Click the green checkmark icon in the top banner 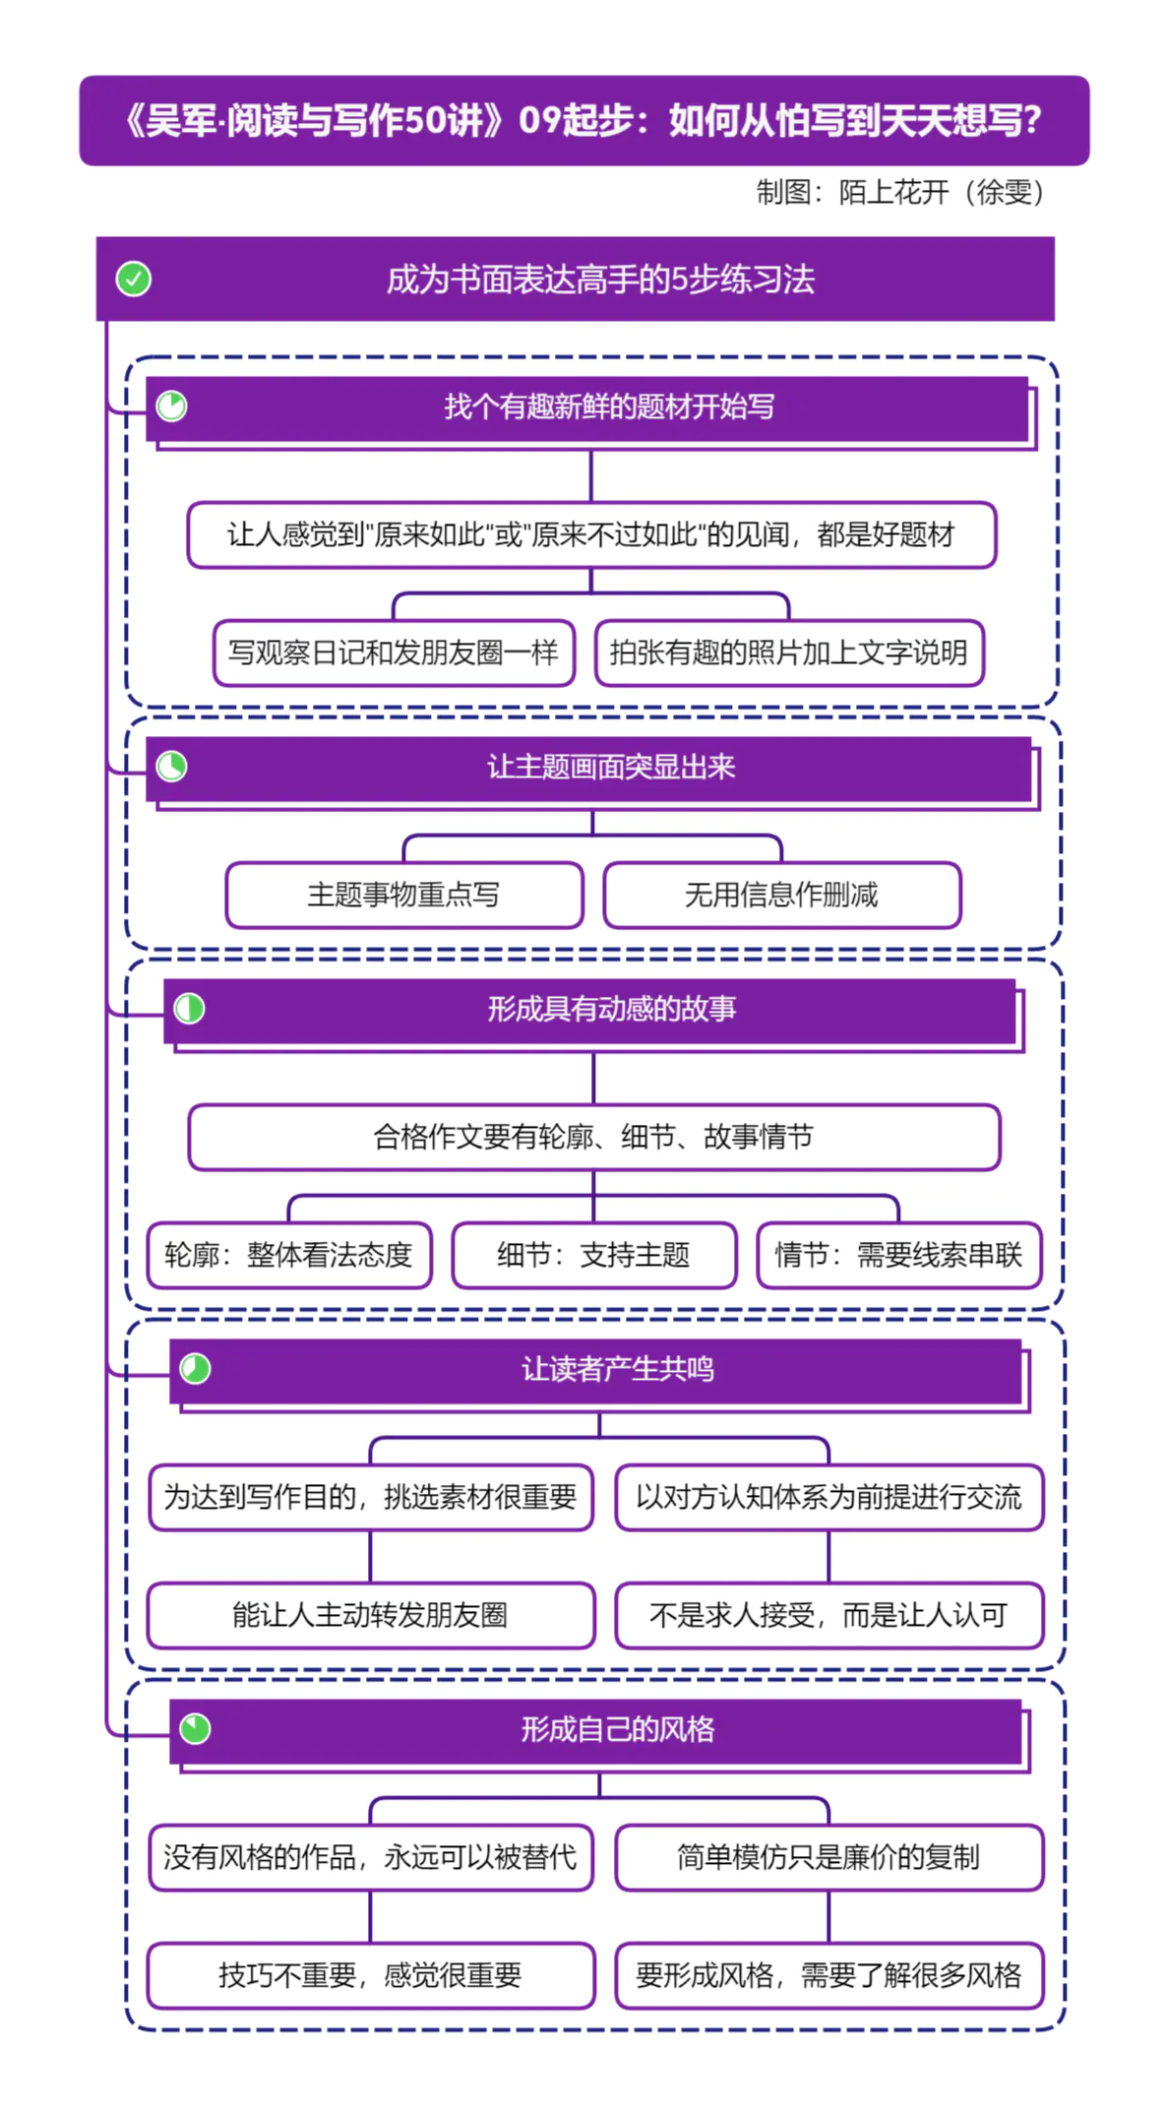pyautogui.click(x=134, y=280)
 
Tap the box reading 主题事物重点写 pyautogui.click(x=403, y=895)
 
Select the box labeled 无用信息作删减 pyautogui.click(x=781, y=895)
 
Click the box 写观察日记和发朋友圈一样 pyautogui.click(x=394, y=652)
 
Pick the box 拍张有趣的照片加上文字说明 pyautogui.click(x=789, y=652)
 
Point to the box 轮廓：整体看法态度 pyautogui.click(x=289, y=1255)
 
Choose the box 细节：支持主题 pyautogui.click(x=593, y=1255)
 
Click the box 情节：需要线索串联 pyautogui.click(x=898, y=1255)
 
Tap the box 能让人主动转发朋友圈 pyautogui.click(x=370, y=1615)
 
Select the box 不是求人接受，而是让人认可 pyautogui.click(x=828, y=1615)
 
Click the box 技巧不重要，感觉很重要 pyautogui.click(x=370, y=1975)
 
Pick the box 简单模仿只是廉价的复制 pyautogui.click(x=828, y=1857)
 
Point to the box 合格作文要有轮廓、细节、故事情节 pyautogui.click(x=593, y=1137)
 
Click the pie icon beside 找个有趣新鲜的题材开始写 pyautogui.click(x=172, y=406)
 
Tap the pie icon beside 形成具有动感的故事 pyautogui.click(x=189, y=1009)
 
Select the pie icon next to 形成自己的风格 pyautogui.click(x=195, y=1729)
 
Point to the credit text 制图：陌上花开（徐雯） pyautogui.click(x=899, y=192)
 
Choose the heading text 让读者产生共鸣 pyautogui.click(x=617, y=1369)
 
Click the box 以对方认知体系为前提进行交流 pyautogui.click(x=828, y=1497)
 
